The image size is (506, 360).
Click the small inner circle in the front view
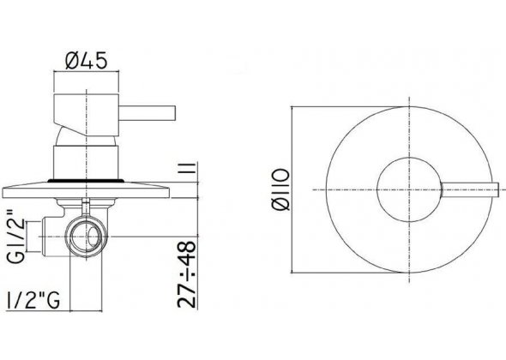[x=395, y=187]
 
